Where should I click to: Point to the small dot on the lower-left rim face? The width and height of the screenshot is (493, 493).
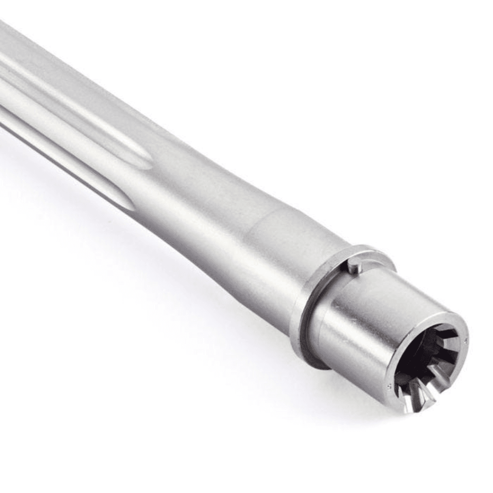tap(389, 386)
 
